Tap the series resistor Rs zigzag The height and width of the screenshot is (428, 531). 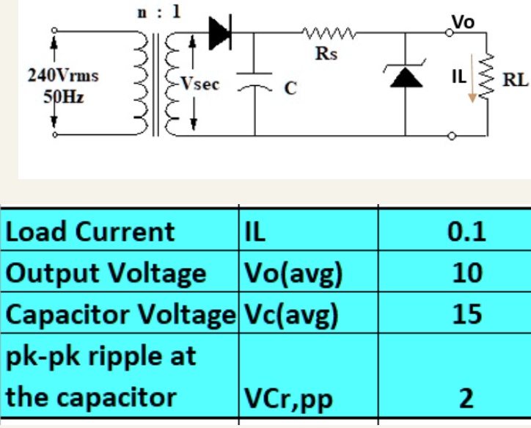pyautogui.click(x=327, y=33)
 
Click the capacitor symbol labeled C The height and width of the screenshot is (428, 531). pyautogui.click(x=254, y=86)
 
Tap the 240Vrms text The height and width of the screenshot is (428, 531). pyautogui.click(x=54, y=76)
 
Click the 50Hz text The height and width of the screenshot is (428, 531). pyautogui.click(x=54, y=98)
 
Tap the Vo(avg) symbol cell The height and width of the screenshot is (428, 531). pyautogui.click(x=293, y=274)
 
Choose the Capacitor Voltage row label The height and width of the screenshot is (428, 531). pyautogui.click(x=121, y=315)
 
